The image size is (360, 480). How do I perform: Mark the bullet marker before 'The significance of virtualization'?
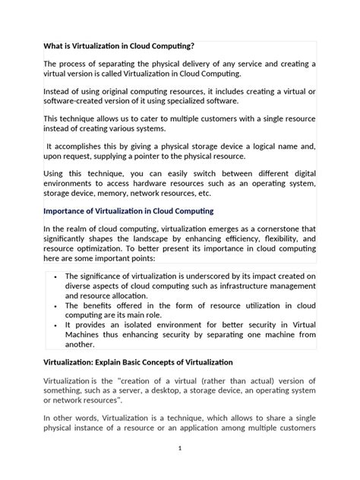(x=57, y=276)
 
